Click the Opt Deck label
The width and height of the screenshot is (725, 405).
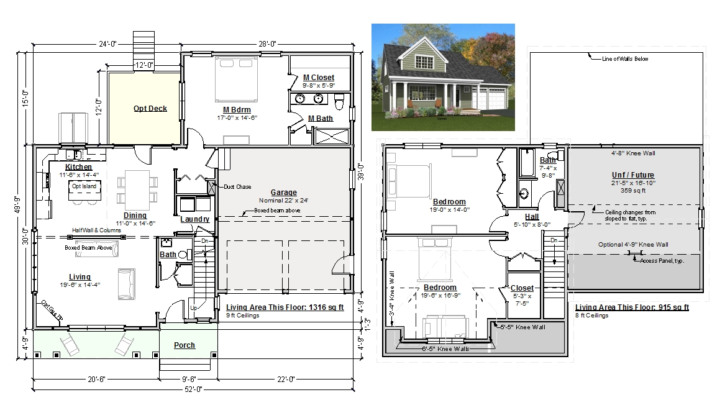150,109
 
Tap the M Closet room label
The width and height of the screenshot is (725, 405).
319,78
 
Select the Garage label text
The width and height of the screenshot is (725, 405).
284,193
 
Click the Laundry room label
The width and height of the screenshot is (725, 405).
194,219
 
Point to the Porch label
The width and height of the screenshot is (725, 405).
185,345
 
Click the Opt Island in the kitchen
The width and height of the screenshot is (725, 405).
84,190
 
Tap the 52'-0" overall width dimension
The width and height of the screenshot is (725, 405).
193,389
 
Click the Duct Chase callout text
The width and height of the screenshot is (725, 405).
238,187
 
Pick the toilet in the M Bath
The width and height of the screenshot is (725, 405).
339,102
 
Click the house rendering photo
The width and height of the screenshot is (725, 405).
443,77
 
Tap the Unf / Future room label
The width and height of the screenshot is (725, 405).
633,175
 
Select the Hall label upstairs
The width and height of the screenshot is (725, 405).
532,216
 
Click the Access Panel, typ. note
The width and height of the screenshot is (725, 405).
662,261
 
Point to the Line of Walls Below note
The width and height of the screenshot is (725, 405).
625,59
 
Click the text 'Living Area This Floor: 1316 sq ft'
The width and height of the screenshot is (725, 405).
285,307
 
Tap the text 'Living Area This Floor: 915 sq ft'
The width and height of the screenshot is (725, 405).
632,307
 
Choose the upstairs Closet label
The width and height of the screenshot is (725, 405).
522,288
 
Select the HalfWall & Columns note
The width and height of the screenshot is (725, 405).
97,230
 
